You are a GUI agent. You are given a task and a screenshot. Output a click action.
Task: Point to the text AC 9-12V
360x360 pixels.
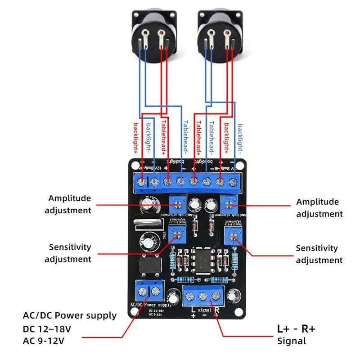[44, 341]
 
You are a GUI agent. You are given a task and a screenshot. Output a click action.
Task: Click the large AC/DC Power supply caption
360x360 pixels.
[69, 315]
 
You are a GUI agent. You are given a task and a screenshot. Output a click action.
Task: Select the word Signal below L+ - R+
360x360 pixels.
[292, 341]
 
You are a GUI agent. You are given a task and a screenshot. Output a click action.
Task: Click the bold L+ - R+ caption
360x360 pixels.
[296, 328]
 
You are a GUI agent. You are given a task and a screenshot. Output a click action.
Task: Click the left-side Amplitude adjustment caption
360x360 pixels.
[70, 204]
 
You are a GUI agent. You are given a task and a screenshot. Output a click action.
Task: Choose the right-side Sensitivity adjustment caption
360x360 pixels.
[319, 254]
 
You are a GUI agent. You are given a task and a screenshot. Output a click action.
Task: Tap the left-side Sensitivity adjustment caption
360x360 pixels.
[70, 253]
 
